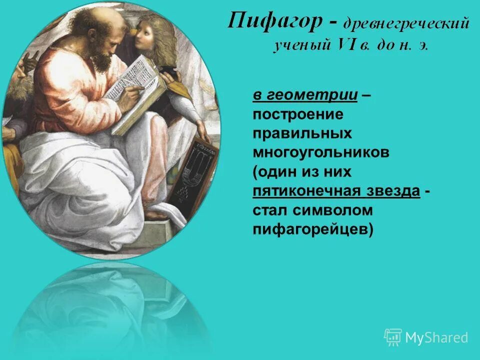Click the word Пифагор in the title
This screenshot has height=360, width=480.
click(272, 22)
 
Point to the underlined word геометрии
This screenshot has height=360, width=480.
click(312, 95)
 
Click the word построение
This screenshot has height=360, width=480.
click(297, 114)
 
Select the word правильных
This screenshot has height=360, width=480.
click(302, 134)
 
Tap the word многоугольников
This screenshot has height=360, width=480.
click(320, 153)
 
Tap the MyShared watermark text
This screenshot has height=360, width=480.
click(436, 337)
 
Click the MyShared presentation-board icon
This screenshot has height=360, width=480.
click(393, 337)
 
